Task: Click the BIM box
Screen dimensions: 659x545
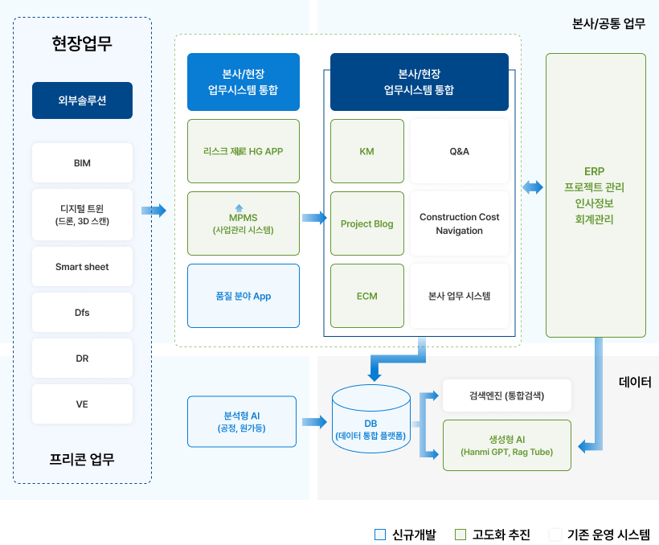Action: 82,162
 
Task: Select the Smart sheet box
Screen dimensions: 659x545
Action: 82,267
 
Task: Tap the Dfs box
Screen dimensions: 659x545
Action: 82,313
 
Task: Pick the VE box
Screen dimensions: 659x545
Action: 82,404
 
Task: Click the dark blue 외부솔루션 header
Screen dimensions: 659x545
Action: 82,100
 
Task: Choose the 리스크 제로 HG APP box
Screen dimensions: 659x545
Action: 244,151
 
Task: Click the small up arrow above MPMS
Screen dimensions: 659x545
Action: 239,207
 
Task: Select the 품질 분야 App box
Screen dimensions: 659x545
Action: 244,296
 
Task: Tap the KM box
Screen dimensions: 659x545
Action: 367,151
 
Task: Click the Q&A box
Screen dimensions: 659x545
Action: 460,151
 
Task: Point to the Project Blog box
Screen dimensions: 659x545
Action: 367,223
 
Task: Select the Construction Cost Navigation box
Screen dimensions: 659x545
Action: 460,223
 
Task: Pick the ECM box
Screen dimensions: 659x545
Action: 367,296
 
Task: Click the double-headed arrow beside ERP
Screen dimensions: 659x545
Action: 533,187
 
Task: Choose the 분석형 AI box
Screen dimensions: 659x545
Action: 242,421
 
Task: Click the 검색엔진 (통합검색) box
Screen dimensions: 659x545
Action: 507,395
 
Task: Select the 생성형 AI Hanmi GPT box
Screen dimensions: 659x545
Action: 507,445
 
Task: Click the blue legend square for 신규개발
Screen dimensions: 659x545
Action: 380,535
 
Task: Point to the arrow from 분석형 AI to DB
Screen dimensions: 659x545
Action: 314,421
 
